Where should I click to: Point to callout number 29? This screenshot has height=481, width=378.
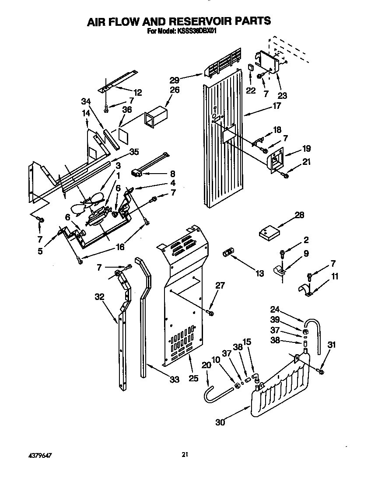pos(175,80)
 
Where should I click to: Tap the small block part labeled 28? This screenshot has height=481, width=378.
pos(269,232)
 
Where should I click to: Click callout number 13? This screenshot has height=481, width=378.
pos(259,274)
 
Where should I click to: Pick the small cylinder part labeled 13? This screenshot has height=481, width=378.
pos(227,253)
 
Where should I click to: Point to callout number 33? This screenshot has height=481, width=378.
pos(174,380)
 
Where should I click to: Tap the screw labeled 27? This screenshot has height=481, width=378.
pos(211,313)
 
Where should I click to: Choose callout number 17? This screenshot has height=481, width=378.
pos(276,105)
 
